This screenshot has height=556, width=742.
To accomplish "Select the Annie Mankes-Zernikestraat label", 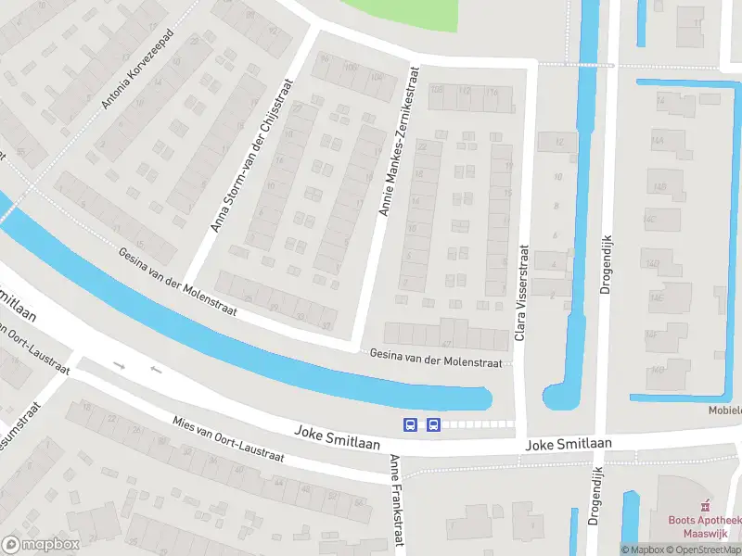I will [397, 142].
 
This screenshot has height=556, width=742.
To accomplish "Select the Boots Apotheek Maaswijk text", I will [705, 525].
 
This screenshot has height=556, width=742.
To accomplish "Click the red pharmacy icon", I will [706, 505].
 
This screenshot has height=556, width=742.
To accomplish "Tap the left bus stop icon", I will [410, 424].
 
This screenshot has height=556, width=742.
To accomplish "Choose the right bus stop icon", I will [432, 424].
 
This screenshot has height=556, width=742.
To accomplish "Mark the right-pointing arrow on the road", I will [120, 365].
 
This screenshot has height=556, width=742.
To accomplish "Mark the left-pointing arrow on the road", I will [155, 371].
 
